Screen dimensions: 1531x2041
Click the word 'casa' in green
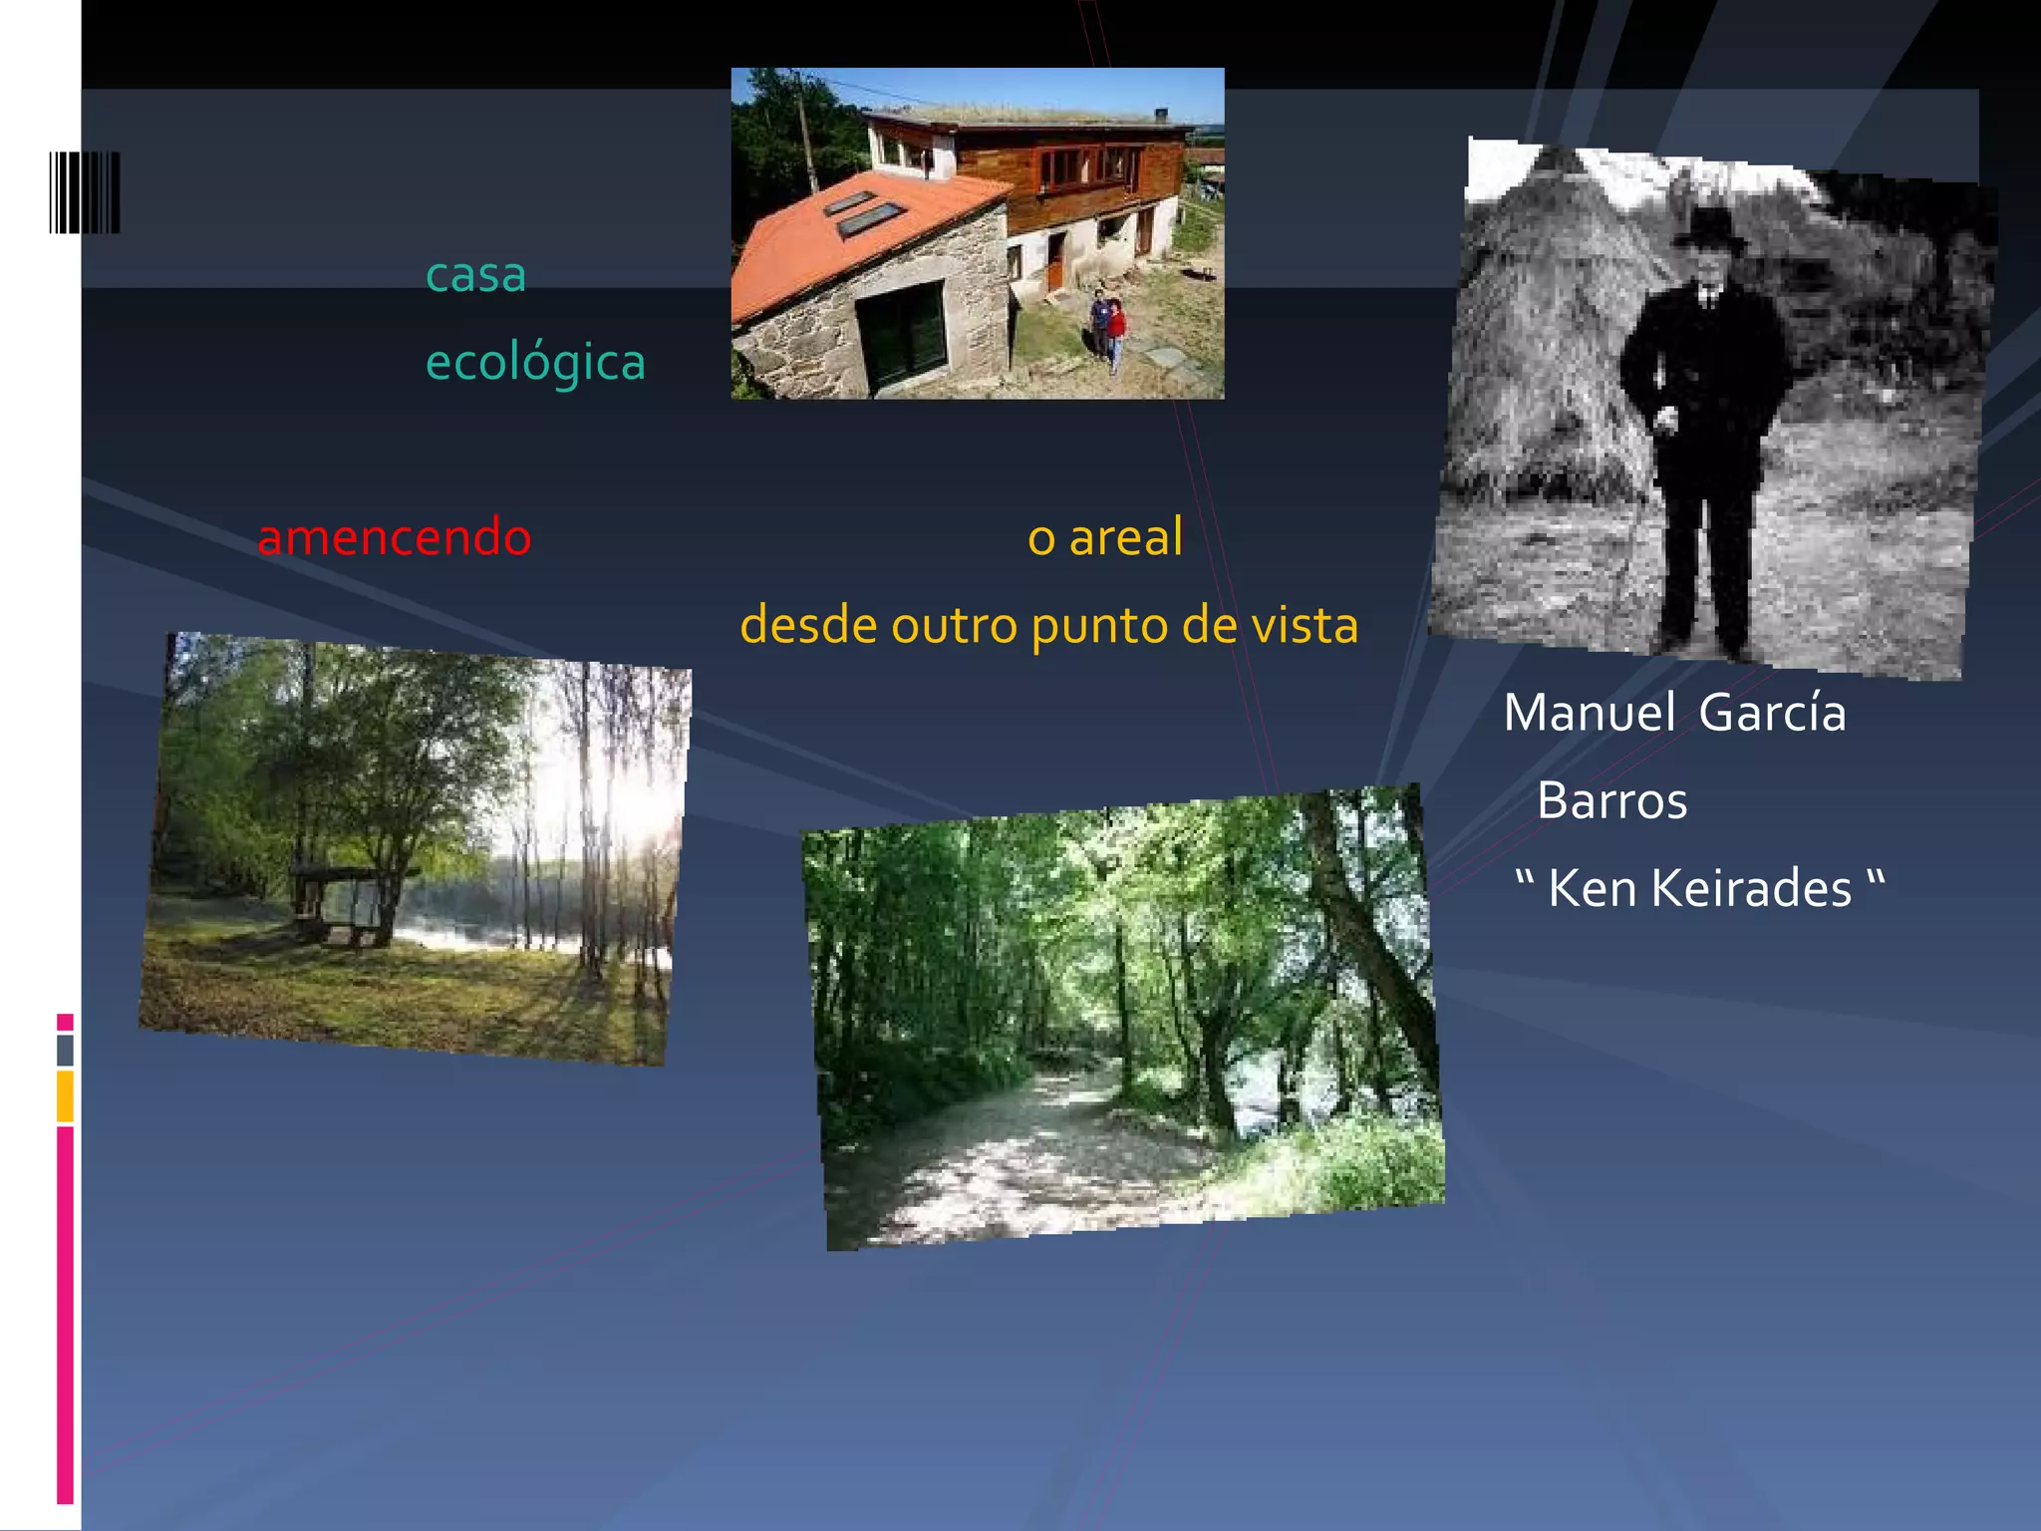coord(475,276)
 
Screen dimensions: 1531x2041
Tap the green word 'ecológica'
coord(535,363)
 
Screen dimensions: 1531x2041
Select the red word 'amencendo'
coord(395,537)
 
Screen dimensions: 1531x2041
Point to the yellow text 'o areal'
coord(1105,537)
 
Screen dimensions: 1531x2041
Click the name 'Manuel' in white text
coord(1589,714)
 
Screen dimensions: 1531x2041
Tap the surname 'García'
coord(1772,714)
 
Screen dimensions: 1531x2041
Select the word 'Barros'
coord(1611,801)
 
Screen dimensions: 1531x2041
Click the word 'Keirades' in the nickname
coord(1750,889)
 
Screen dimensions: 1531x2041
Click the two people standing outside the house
coord(1107,327)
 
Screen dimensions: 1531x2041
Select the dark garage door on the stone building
coord(901,334)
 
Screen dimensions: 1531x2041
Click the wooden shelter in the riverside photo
coord(343,898)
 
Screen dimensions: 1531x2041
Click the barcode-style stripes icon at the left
coord(85,192)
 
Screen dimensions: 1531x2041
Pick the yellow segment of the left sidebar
coord(65,1096)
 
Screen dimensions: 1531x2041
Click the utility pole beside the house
coord(805,130)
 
